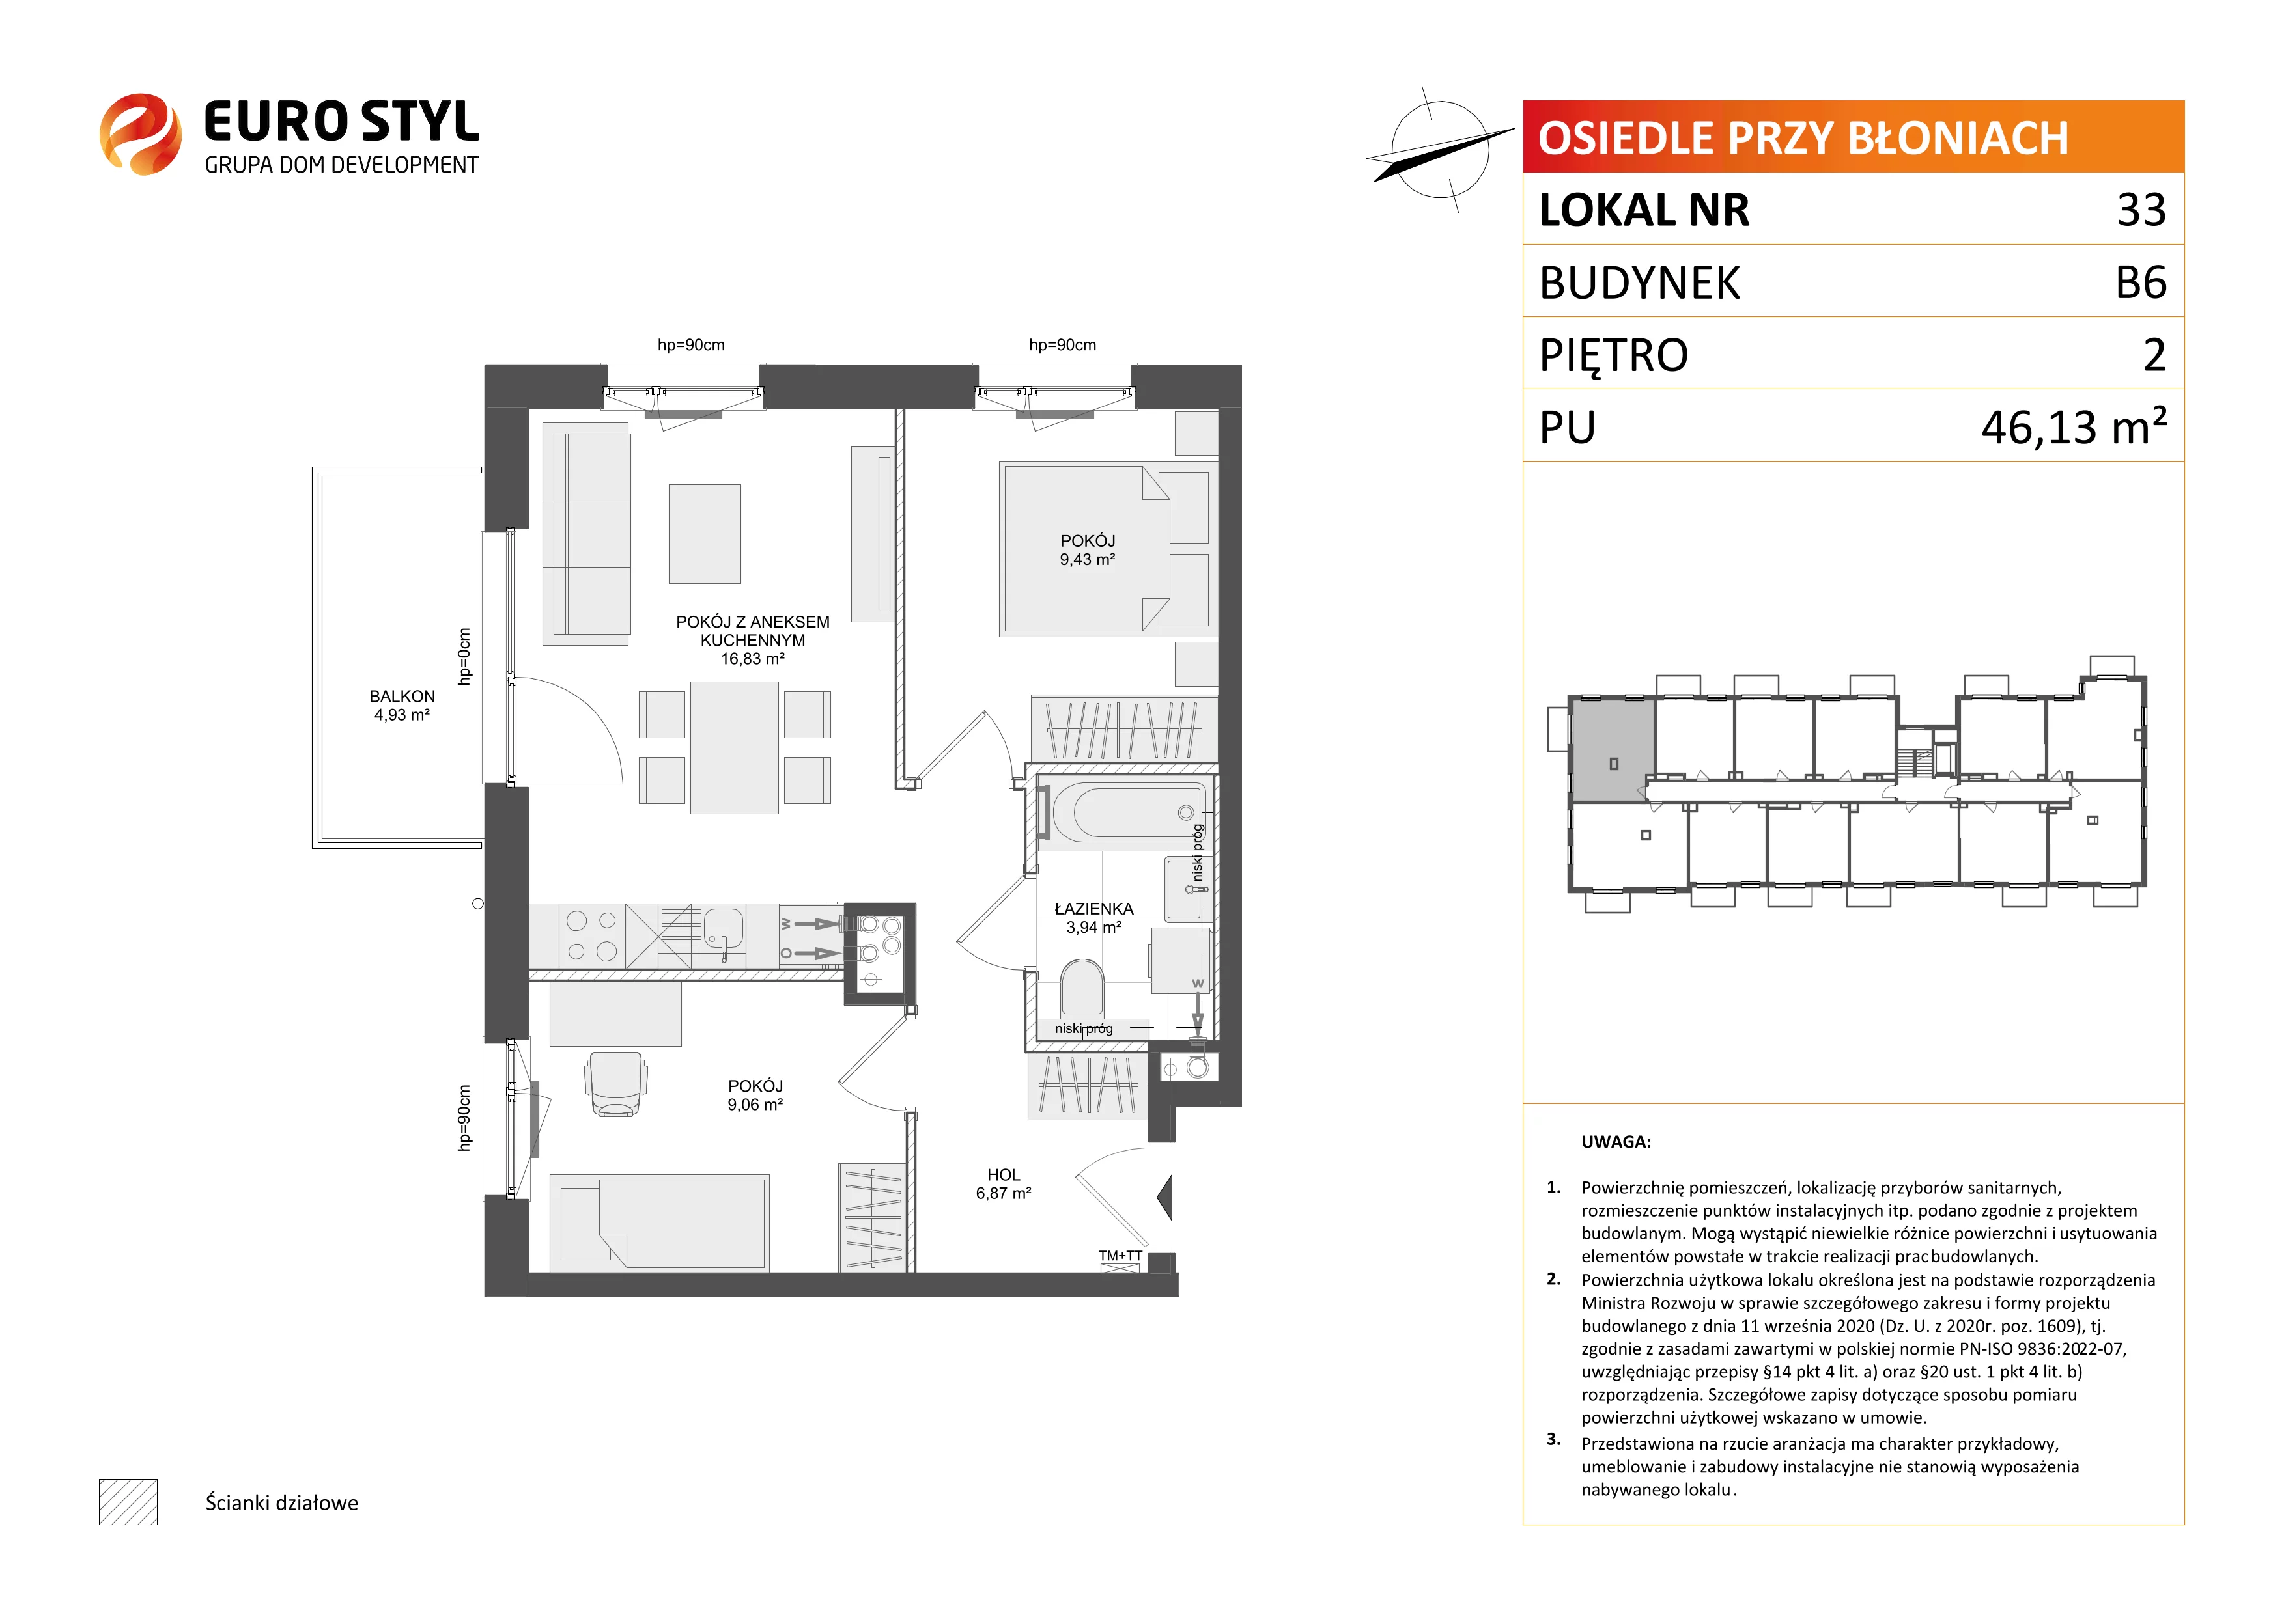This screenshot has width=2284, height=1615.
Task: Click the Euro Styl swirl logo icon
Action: pyautogui.click(x=140, y=134)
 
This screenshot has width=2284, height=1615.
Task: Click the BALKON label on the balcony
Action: pyautogui.click(x=402, y=696)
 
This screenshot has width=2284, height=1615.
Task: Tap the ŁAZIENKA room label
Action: pyautogui.click(x=1093, y=908)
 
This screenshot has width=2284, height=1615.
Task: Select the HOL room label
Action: pyautogui.click(x=1004, y=1174)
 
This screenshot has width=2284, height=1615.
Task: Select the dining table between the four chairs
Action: pyautogui.click(x=734, y=747)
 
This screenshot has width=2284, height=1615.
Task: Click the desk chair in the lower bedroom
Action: pyautogui.click(x=615, y=1084)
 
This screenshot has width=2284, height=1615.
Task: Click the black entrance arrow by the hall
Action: pyautogui.click(x=1166, y=1197)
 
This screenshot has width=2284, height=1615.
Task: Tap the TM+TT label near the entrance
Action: pyautogui.click(x=1120, y=1256)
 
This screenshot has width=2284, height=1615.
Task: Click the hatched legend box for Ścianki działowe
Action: pyautogui.click(x=128, y=1502)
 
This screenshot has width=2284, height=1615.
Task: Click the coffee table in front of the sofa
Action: pyautogui.click(x=704, y=534)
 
